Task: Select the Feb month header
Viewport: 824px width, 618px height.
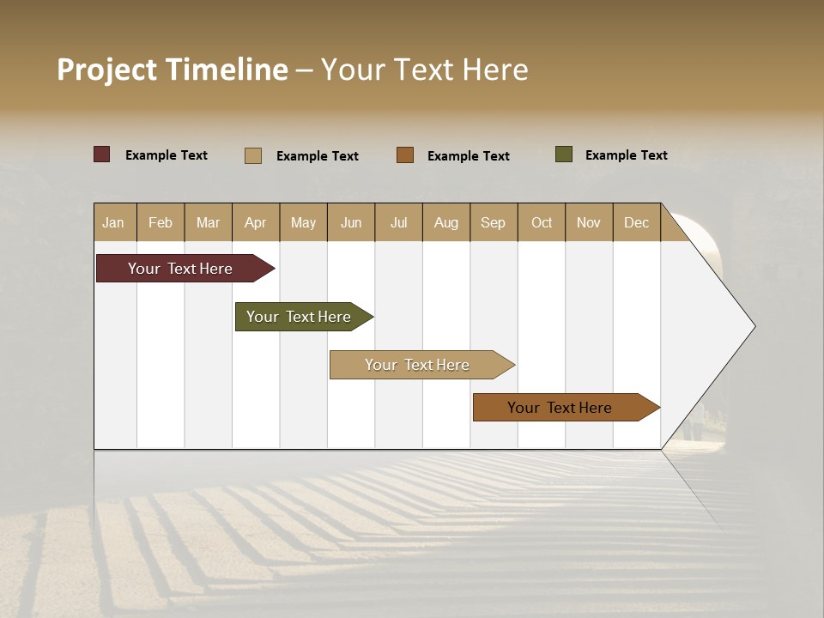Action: pos(161,222)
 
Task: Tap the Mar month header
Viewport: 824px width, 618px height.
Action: pos(208,222)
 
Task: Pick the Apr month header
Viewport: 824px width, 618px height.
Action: pos(256,222)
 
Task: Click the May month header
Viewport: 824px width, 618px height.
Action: pos(303,222)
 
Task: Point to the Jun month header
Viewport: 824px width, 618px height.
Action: pos(351,222)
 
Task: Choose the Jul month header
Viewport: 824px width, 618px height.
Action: pos(398,222)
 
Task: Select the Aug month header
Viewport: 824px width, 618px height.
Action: pos(446,222)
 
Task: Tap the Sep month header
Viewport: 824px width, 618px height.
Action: pos(494,222)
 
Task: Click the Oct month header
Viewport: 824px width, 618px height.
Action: pos(542,222)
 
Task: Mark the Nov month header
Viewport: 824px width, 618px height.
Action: pos(589,222)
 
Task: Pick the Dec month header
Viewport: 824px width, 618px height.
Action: pos(637,222)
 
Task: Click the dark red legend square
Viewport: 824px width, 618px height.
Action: pos(102,154)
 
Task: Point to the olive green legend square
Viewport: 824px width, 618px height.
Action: pos(564,154)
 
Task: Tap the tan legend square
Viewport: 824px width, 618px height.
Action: pos(253,155)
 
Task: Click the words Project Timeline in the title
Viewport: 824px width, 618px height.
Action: pos(173,70)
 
